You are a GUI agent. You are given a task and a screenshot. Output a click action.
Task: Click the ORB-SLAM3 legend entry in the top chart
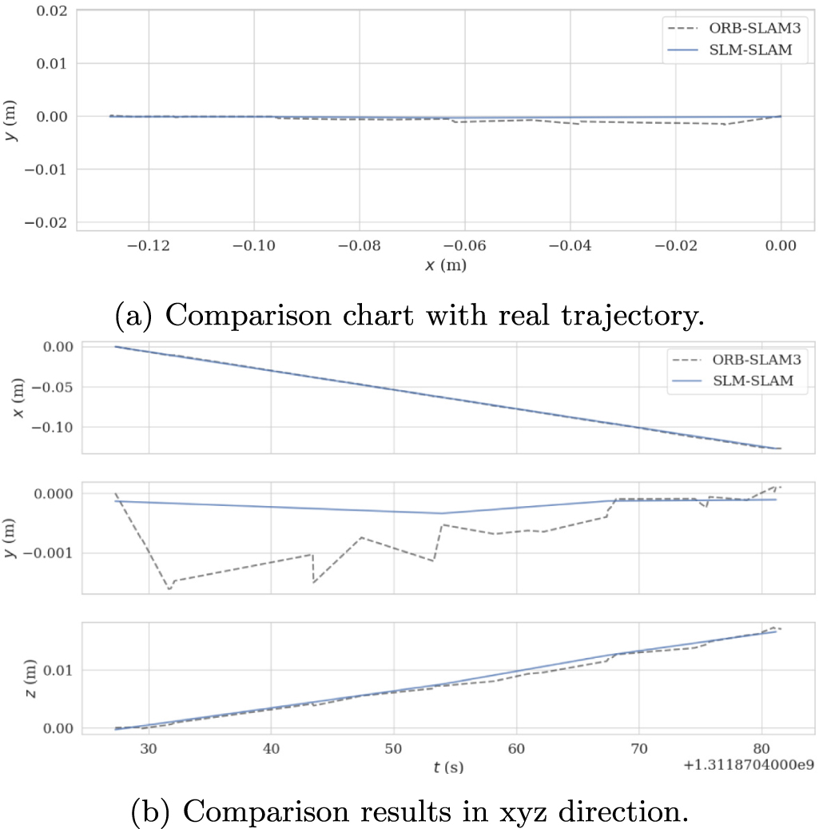[734, 28]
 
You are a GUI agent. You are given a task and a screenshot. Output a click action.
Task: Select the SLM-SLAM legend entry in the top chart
[730, 50]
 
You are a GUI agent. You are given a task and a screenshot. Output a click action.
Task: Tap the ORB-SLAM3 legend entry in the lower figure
[737, 360]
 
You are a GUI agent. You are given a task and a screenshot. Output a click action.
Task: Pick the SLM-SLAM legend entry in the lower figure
[733, 381]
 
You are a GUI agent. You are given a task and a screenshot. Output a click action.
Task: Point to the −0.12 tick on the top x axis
[149, 245]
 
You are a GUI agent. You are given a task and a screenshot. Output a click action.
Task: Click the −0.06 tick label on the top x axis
[464, 245]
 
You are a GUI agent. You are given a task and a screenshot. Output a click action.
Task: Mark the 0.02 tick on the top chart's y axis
[52, 10]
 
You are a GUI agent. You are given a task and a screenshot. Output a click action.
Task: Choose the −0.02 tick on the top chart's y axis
[46, 222]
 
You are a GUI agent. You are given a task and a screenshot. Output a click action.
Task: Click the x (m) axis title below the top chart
[446, 265]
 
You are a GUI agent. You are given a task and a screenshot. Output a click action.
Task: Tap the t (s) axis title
[448, 767]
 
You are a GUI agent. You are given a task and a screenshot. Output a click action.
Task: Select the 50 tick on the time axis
[394, 748]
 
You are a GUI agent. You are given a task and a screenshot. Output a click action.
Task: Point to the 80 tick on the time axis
[761, 748]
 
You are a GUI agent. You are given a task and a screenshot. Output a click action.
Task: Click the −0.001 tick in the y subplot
[51, 553]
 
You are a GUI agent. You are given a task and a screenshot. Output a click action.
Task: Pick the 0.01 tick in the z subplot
[58, 671]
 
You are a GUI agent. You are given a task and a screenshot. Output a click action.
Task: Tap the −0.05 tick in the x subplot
[52, 387]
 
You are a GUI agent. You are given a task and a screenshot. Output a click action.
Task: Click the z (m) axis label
[30, 679]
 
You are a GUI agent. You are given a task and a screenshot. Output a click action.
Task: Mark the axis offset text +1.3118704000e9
[749, 764]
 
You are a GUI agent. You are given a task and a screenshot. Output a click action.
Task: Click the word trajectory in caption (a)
[633, 316]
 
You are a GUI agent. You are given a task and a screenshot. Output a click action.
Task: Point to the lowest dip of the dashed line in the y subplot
[169, 589]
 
